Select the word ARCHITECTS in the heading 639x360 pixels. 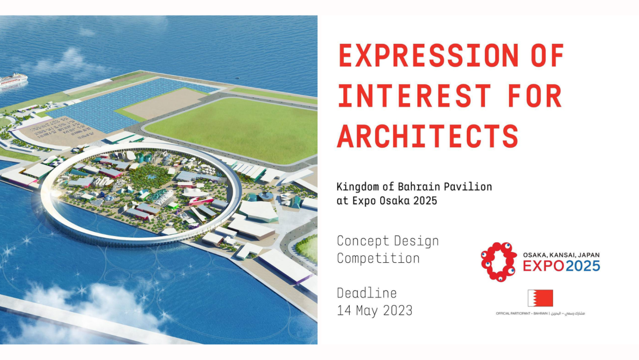pyautogui.click(x=428, y=136)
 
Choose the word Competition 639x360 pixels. pyautogui.click(x=378, y=258)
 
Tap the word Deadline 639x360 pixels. pyautogui.click(x=367, y=293)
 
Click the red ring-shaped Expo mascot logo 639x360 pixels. pyautogui.click(x=498, y=262)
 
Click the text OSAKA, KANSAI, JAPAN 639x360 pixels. pyautogui.click(x=561, y=255)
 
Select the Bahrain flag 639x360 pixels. pyautogui.click(x=540, y=298)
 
